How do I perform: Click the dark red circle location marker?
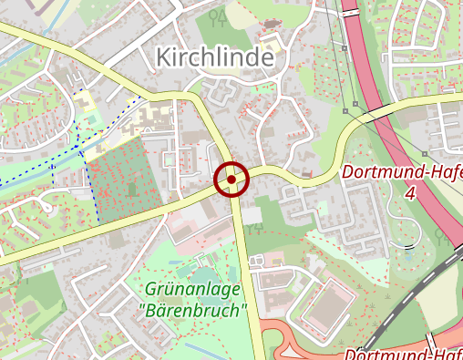pos(231,180)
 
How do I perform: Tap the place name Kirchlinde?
pos(215,57)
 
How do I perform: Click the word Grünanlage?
pos(192,290)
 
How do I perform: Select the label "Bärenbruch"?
pos(196,310)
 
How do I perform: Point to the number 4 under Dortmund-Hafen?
pos(410,193)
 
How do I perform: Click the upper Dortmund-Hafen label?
pos(402,173)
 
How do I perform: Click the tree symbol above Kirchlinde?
pos(216,16)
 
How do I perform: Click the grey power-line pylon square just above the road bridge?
pos(345,111)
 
